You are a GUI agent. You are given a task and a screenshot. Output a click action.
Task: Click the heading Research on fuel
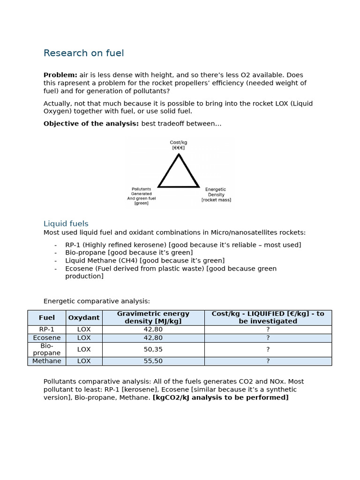[83, 53]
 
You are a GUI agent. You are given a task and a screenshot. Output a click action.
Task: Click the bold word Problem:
[60, 75]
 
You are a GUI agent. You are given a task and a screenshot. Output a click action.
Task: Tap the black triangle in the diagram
[179, 172]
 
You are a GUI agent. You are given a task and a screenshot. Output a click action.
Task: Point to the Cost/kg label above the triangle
[179, 145]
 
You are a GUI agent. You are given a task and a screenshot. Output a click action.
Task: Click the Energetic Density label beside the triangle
[216, 195]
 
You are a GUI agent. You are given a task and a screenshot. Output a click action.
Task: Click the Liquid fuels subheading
[66, 224]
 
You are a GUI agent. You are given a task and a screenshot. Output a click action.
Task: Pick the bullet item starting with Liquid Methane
[144, 261]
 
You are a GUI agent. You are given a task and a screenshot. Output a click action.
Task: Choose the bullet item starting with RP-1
[183, 245]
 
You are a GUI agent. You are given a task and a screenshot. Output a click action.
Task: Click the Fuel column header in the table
[47, 317]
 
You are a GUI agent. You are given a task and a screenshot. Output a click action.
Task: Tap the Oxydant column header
[84, 317]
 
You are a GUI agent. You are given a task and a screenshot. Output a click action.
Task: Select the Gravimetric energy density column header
[153, 317]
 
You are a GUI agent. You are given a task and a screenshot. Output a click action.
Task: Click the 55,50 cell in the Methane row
[153, 361]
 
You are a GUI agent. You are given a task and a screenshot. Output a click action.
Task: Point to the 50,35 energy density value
[153, 349]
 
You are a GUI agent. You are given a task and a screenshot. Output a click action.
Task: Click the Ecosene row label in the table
[47, 338]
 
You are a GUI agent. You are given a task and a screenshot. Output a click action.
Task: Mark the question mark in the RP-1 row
[268, 330]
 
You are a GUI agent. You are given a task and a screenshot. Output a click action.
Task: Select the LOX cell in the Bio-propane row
[84, 349]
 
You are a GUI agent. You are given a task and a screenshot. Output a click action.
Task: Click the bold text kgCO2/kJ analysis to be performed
[220, 397]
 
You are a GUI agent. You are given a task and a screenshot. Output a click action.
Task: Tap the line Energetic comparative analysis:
[97, 301]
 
